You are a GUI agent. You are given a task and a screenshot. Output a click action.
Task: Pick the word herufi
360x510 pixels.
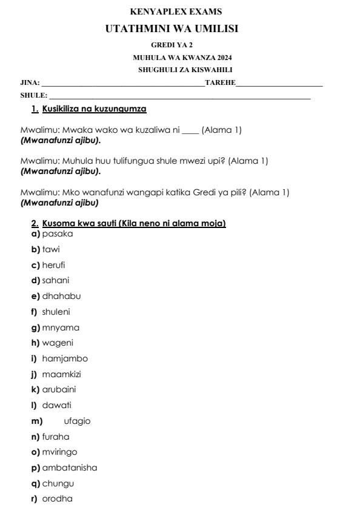point(53,264)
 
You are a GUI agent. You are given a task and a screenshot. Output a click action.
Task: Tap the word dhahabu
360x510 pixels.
point(61,296)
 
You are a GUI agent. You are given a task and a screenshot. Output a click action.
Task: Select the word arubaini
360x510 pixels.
point(59,389)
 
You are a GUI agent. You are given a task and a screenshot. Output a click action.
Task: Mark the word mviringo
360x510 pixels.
point(59,452)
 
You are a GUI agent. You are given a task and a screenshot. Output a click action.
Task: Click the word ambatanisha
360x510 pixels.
point(69,468)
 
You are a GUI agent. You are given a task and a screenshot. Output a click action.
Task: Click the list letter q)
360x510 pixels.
point(36,483)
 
